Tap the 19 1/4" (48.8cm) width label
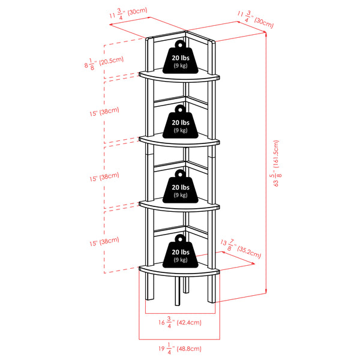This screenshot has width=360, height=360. tap(179, 348)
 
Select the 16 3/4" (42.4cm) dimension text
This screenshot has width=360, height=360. tap(179, 322)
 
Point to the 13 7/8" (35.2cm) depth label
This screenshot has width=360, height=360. tap(242, 248)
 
